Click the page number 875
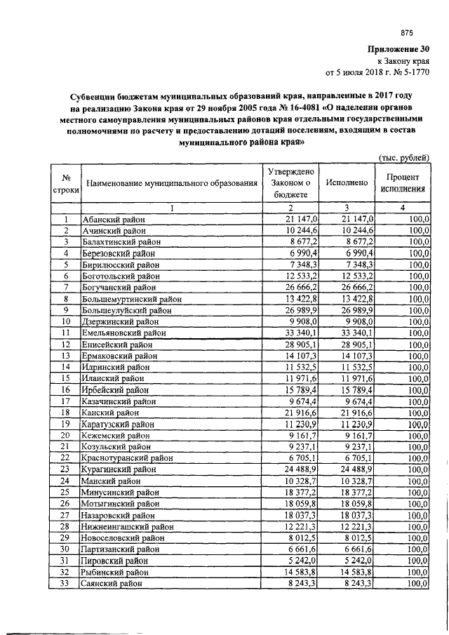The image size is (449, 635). tap(408, 32)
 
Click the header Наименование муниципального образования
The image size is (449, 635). tap(172, 183)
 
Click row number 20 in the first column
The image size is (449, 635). tap(65, 435)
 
